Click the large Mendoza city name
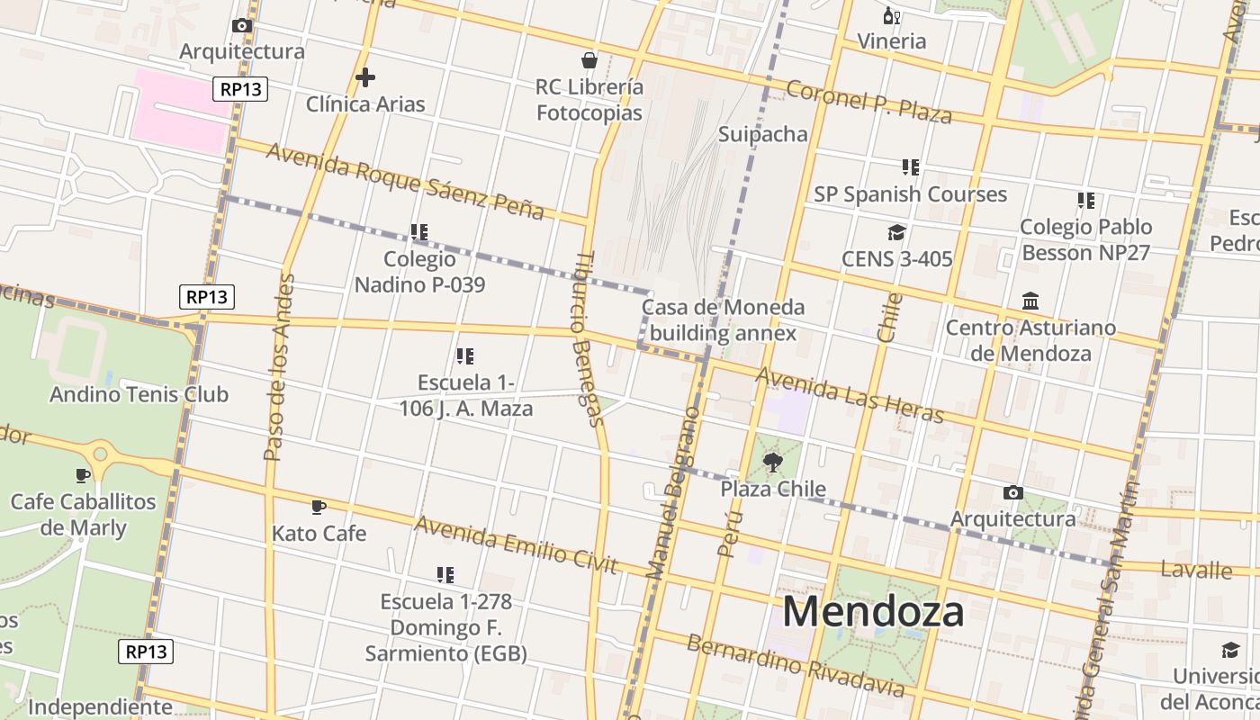[x=873, y=612]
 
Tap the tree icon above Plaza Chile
[x=772, y=463]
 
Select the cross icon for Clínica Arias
[x=364, y=77]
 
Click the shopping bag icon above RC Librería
[x=589, y=60]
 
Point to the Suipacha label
[x=762, y=134]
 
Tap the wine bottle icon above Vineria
[x=891, y=15]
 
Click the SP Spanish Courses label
[x=910, y=194]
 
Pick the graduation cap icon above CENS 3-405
[x=896, y=233]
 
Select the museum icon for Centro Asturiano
[x=1030, y=301]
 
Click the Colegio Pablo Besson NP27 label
[x=1085, y=239]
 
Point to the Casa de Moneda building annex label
[x=723, y=320]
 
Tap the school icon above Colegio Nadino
[x=419, y=232]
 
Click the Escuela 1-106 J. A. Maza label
[x=465, y=396]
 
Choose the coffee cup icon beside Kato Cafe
[x=318, y=508]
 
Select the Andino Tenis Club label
[x=139, y=394]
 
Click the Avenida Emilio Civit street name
[x=516, y=544]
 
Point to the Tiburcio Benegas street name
[x=586, y=337]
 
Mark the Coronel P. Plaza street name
[x=868, y=102]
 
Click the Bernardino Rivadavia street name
[x=795, y=665]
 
